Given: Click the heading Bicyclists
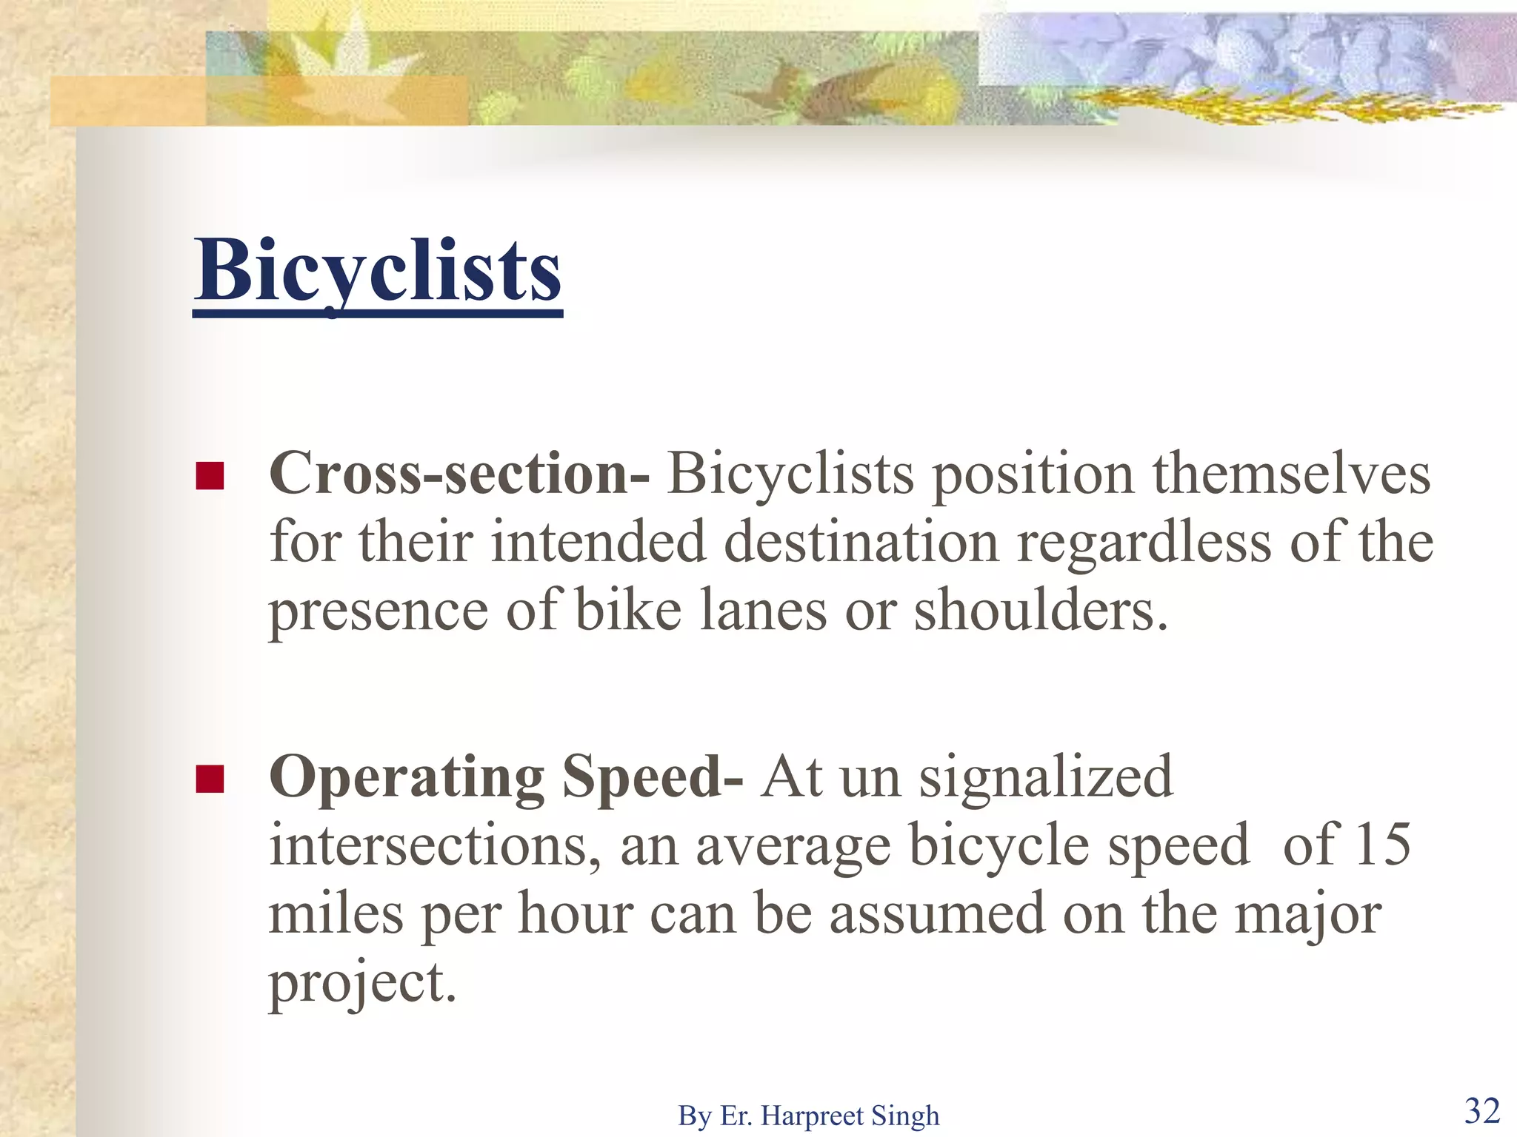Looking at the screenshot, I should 378,271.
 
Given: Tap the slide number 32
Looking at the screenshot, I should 1482,1110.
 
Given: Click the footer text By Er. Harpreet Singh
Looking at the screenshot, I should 808,1116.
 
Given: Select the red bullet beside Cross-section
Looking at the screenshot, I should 210,476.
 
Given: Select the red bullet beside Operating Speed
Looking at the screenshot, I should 210,779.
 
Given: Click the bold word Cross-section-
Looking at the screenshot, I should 459,474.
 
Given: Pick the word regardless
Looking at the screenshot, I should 1144,542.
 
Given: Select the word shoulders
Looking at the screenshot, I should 1040,611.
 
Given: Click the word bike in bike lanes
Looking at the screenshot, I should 628,611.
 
